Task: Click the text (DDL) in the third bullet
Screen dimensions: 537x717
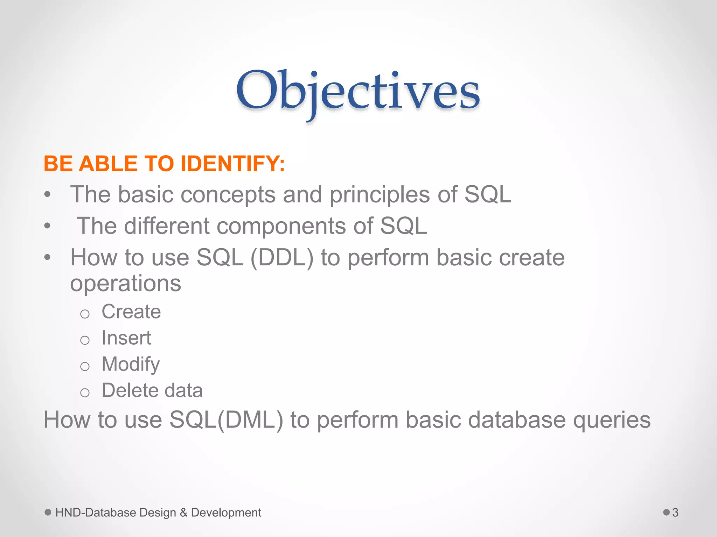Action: click(x=282, y=258)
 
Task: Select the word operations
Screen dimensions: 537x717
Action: click(x=125, y=284)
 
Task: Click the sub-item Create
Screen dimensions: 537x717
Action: click(x=131, y=312)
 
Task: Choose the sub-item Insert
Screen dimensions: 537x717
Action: click(x=126, y=338)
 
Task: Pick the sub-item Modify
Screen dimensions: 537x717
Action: click(x=130, y=364)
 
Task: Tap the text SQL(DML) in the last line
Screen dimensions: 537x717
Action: click(x=226, y=420)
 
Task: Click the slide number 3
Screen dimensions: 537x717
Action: click(x=675, y=513)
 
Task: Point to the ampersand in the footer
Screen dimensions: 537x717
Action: click(x=183, y=513)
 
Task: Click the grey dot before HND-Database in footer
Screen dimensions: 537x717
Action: click(x=48, y=512)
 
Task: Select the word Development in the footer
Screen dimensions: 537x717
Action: click(x=226, y=513)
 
